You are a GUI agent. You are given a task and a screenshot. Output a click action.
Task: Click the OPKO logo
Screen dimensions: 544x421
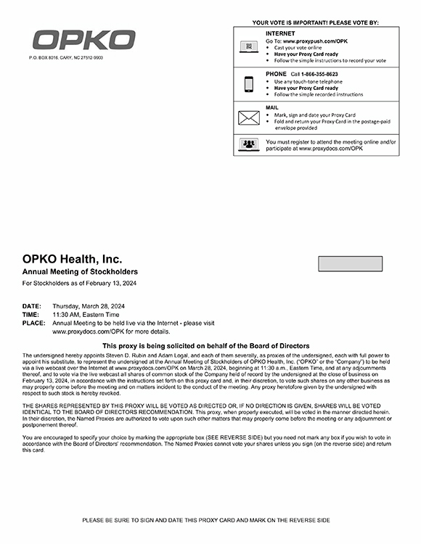tap(83, 40)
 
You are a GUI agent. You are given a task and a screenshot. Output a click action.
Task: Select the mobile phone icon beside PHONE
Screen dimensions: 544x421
tap(249, 83)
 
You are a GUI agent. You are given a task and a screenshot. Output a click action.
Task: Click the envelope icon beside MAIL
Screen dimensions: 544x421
tap(249, 118)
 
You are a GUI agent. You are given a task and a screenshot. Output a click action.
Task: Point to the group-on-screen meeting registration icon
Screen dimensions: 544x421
tap(249, 144)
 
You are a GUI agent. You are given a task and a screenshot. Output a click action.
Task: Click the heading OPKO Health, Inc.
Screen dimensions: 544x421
tap(72, 259)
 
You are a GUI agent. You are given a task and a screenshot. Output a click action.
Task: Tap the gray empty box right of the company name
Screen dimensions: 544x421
tap(350, 263)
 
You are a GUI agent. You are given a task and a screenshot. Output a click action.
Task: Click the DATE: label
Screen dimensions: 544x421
tap(31, 307)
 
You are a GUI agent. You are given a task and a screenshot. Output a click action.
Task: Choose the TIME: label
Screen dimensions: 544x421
tap(30, 315)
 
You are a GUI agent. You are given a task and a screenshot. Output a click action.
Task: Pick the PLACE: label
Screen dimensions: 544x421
tap(33, 323)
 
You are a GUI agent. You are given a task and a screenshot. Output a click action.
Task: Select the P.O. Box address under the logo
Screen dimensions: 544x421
tap(66, 57)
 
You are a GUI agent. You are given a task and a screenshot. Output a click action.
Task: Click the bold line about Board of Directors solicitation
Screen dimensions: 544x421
tap(206, 346)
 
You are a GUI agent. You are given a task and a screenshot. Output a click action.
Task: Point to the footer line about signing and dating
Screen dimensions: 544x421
tap(206, 520)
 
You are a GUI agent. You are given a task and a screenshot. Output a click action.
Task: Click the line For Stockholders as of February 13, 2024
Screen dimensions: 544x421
tap(80, 283)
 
